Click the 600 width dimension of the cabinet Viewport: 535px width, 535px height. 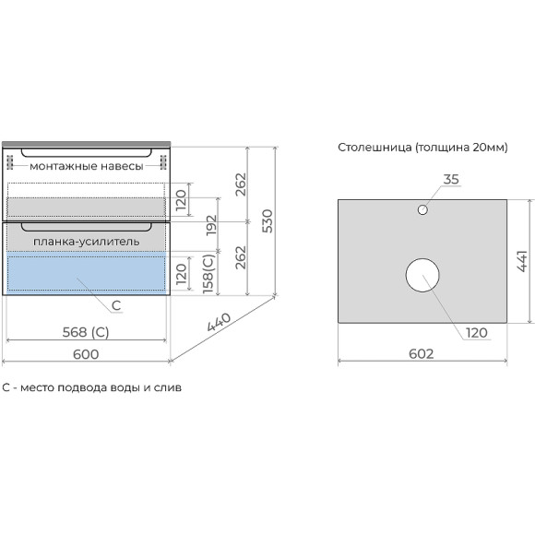point(86,354)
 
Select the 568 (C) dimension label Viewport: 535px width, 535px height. point(86,332)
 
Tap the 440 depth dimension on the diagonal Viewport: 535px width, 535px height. point(219,322)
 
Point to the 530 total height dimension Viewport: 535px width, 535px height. point(267,221)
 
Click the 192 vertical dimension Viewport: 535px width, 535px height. point(211,224)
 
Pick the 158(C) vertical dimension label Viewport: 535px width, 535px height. point(208,274)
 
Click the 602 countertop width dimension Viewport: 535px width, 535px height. point(422,354)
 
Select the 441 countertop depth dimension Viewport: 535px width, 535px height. point(522,261)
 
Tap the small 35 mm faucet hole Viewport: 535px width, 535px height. point(422,209)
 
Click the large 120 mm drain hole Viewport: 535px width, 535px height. point(422,275)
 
